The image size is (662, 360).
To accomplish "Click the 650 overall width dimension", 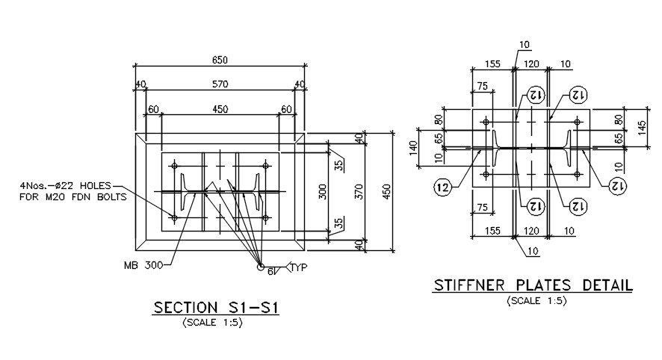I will [x=220, y=60].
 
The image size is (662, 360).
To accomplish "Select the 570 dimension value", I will [x=220, y=84].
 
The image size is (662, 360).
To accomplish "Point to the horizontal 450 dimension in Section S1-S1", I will [x=220, y=109].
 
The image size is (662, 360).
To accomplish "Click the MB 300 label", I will [x=142, y=264].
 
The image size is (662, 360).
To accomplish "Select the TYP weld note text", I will [x=299, y=267].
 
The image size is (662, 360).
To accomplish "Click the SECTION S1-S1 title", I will [x=216, y=308].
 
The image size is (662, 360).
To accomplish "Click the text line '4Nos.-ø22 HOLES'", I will [x=64, y=186].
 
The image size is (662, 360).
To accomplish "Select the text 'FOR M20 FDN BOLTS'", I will [x=72, y=197].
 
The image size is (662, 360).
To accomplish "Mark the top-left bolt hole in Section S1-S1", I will [x=174, y=165].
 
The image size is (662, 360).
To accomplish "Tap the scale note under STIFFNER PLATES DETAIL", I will [x=533, y=301].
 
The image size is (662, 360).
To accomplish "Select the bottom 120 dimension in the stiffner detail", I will [x=531, y=232].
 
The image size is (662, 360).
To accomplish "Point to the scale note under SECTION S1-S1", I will [x=216, y=323].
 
